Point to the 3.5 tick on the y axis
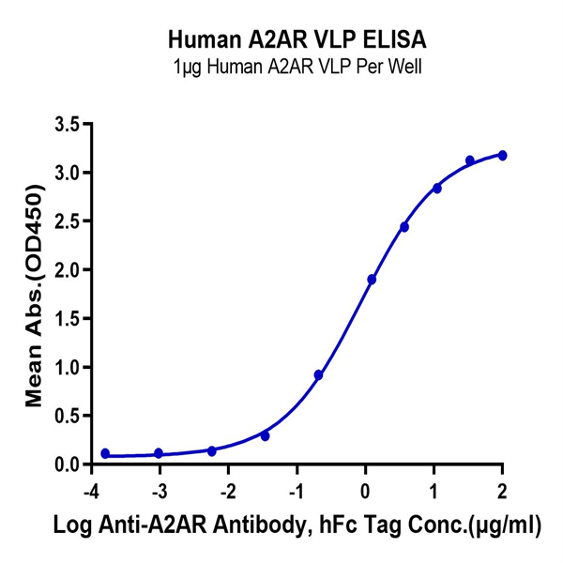[66, 124]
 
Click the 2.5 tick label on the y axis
[66, 221]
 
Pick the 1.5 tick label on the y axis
[66, 319]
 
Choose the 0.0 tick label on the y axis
[66, 464]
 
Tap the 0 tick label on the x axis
[366, 489]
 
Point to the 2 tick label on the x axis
[503, 489]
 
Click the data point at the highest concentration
[503, 155]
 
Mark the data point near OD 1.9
[372, 280]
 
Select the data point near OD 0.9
[319, 374]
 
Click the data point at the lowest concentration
[105, 453]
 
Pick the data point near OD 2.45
[404, 227]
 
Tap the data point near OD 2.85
[437, 188]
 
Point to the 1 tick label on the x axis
[434, 489]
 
